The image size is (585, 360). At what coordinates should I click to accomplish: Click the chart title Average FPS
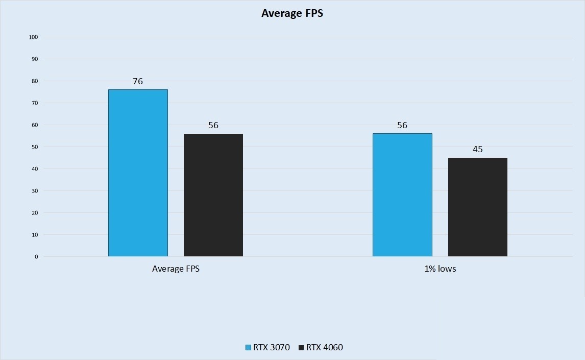coord(292,14)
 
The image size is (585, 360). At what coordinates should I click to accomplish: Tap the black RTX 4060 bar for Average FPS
coord(213,195)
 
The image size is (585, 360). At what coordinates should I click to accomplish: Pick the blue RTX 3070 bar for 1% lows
coord(402,195)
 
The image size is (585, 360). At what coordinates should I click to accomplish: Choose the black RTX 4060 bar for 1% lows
coord(478,207)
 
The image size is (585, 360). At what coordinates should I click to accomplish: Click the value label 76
coord(138,81)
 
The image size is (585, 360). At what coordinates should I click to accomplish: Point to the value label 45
coord(478,149)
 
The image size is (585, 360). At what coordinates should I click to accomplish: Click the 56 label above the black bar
coord(213,125)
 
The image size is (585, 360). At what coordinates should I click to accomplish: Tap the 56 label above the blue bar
coord(402,125)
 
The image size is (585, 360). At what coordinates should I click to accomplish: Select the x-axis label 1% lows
coord(440,269)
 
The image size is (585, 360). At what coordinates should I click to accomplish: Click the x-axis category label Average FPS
coord(176,269)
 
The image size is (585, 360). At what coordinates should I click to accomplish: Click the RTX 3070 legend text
coord(272,348)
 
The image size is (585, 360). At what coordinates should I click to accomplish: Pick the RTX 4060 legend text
coord(325,348)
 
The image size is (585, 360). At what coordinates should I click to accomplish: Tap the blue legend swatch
coord(249,348)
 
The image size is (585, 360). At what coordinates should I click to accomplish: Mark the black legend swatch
coord(301,348)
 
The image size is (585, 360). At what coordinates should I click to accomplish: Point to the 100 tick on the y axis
coord(34,37)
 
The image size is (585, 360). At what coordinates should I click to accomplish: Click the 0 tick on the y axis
coord(36,257)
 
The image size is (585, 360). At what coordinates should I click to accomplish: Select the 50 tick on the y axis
coord(35,147)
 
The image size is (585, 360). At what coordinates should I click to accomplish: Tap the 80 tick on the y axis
coord(35,81)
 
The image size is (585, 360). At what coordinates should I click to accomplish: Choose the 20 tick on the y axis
coord(35,213)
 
